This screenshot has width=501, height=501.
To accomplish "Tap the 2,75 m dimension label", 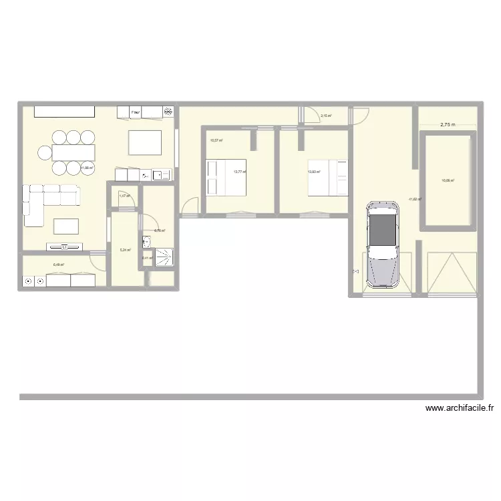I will pyautogui.click(x=447, y=124).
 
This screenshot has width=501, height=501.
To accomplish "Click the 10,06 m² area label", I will pyautogui.click(x=447, y=180).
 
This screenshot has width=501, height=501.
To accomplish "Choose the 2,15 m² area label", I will pyautogui.click(x=327, y=116).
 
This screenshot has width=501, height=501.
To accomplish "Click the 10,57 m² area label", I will pyautogui.click(x=216, y=140).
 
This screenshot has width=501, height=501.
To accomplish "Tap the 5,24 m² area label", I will pyautogui.click(x=126, y=251).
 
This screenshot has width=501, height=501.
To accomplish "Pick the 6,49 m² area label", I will pyautogui.click(x=59, y=265).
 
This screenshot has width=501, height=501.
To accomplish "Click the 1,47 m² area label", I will pyautogui.click(x=124, y=196).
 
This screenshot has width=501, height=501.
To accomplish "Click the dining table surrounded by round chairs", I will pyautogui.click(x=73, y=153).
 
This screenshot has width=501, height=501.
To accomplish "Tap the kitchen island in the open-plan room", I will pyautogui.click(x=146, y=142).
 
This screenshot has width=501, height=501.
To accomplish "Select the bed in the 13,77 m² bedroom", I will pyautogui.click(x=226, y=177).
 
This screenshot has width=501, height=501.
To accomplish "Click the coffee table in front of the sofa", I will pyautogui.click(x=66, y=226).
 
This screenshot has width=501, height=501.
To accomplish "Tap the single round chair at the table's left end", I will pyautogui.click(x=44, y=153).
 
